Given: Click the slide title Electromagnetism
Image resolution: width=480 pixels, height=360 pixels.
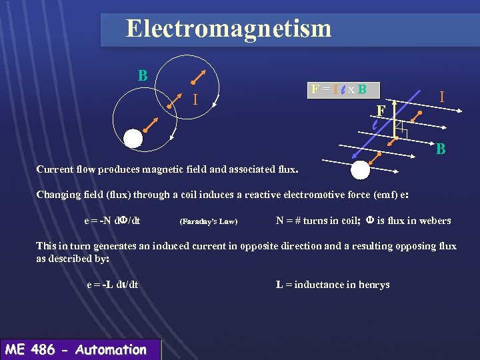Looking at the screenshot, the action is pos(228,29).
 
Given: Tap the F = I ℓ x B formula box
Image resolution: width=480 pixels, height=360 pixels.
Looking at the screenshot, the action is pos(338,89).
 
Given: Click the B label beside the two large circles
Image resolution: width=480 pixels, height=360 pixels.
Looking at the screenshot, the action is pos(143,75).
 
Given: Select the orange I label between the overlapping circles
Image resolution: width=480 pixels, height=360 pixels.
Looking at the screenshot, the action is pos(195,101).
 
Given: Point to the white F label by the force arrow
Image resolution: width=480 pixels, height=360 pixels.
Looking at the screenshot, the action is pos(381,110).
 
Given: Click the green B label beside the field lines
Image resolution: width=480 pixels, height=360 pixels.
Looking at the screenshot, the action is pos(441,149).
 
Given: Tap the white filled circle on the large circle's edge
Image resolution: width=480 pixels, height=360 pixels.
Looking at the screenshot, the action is pos(134,137).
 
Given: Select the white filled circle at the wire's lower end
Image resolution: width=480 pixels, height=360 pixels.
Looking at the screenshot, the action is pos(360,170).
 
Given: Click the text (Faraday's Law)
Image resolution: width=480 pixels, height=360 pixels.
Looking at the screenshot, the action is pos(209,221).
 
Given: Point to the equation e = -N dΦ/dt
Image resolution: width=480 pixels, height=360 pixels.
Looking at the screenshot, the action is pos(117,221).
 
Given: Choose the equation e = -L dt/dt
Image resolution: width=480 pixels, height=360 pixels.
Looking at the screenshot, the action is pos(113,285).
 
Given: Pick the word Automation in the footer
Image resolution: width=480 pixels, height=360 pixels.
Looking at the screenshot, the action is pos(111,349).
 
